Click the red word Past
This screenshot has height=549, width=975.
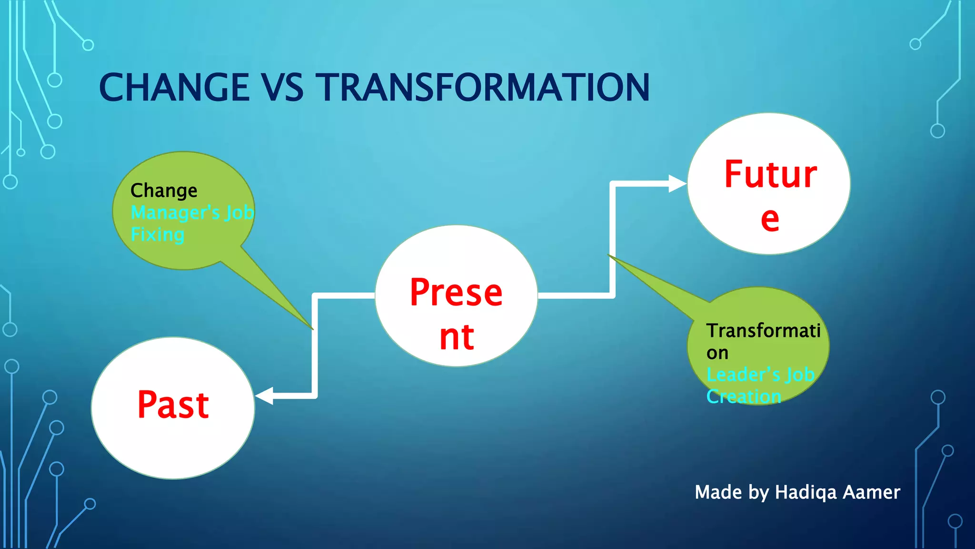pos(173,405)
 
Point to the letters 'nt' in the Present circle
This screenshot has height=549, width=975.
pos(457,337)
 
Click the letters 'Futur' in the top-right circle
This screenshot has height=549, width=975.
pos(770,174)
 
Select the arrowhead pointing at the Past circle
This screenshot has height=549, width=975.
pos(265,396)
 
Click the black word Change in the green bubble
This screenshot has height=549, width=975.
pos(164,191)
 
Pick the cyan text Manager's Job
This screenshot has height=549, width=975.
pos(192,213)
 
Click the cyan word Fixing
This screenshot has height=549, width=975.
pos(158,234)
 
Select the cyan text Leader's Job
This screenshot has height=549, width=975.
pos(760,375)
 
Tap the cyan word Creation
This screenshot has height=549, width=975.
pos(744,396)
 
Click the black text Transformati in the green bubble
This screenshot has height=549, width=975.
pos(763,331)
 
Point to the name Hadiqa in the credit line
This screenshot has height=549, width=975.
pos(806,492)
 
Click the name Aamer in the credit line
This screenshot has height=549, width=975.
pos(871,492)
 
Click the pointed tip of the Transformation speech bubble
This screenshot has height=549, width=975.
pos(610,256)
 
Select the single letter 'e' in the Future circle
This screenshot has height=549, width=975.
pos(770,219)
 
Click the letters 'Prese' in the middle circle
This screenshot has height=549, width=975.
pos(456,292)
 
